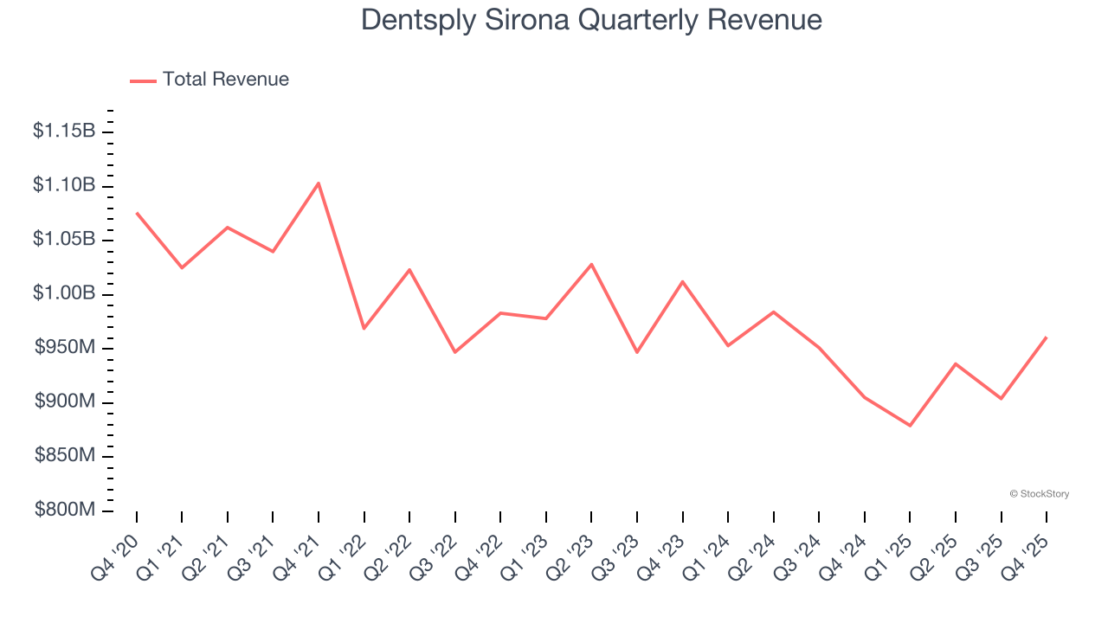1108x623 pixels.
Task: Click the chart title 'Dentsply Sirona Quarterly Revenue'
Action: tap(591, 19)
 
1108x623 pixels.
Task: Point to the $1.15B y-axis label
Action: tap(64, 132)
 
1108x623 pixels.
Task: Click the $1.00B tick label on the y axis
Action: tap(64, 294)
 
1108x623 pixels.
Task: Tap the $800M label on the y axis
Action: tap(65, 511)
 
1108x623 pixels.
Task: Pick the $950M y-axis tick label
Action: tap(65, 348)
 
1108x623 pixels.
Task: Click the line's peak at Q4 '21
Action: tap(319, 183)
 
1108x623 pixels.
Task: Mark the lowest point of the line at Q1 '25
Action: tap(910, 426)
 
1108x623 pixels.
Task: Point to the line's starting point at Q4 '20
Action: tap(137, 213)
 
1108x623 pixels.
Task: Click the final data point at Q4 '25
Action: tap(1047, 337)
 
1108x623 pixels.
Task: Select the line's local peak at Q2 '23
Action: tap(591, 264)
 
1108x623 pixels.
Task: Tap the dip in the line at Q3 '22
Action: tap(455, 352)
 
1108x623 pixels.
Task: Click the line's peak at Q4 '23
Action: tap(683, 281)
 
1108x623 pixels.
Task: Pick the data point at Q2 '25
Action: tap(956, 363)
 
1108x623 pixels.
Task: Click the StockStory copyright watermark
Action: tap(1039, 494)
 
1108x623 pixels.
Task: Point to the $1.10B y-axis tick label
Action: tap(64, 186)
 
